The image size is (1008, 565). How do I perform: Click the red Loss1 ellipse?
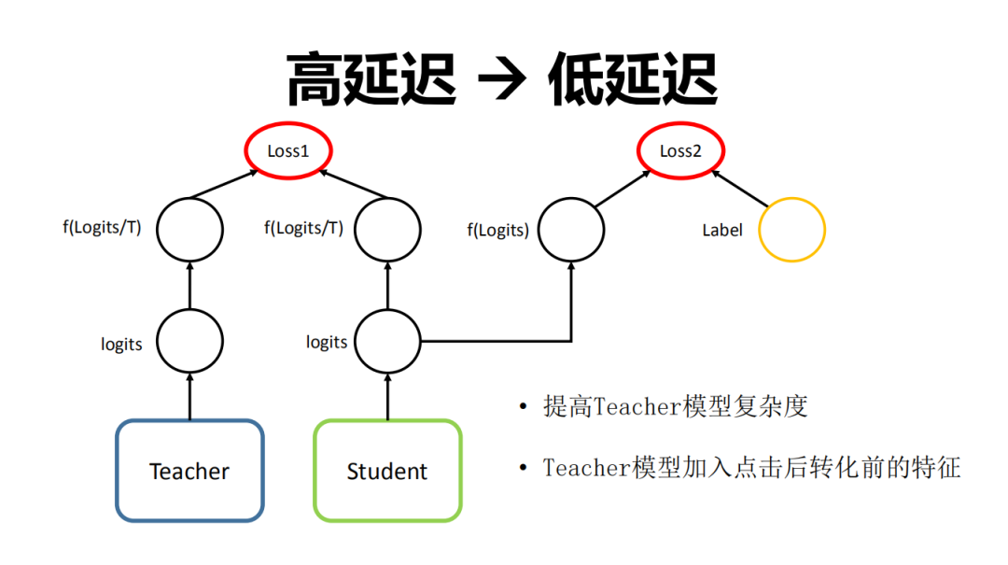click(x=288, y=151)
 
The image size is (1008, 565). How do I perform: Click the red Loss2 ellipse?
click(x=680, y=151)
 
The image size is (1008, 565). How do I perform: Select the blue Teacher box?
click(x=189, y=471)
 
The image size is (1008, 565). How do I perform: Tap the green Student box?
click(x=387, y=471)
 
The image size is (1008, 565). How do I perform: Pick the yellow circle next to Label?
click(x=791, y=229)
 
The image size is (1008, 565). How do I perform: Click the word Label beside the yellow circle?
click(x=721, y=230)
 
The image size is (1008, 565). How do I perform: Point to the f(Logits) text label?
click(x=497, y=230)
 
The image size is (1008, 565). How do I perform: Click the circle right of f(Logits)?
click(x=571, y=229)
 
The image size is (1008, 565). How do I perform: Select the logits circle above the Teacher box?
click(x=189, y=342)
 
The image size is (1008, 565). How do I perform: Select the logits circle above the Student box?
click(x=387, y=342)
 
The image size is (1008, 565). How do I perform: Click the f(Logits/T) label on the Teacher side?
click(x=102, y=227)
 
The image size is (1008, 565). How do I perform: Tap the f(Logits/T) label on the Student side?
click(x=303, y=227)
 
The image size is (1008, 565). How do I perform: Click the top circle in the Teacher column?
click(x=189, y=229)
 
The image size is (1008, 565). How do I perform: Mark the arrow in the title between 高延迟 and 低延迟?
click(x=502, y=80)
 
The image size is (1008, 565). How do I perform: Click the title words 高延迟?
click(x=371, y=80)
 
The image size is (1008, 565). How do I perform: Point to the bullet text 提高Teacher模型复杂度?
click(x=675, y=407)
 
